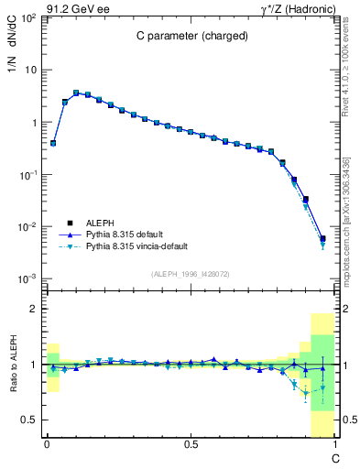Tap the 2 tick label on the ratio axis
coord(33,309)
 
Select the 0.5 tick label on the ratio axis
coord(29,420)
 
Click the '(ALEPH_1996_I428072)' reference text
coord(190,273)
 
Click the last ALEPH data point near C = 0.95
coord(322,239)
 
